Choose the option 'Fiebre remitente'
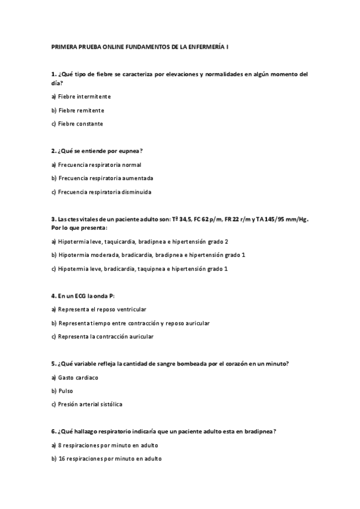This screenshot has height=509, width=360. [x=81, y=110]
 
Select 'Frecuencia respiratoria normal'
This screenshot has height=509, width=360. [x=100, y=164]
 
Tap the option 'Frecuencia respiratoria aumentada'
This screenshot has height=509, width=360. [x=106, y=178]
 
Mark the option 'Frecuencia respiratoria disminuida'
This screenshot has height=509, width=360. [x=104, y=192]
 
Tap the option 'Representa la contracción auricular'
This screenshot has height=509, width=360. [x=106, y=337]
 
